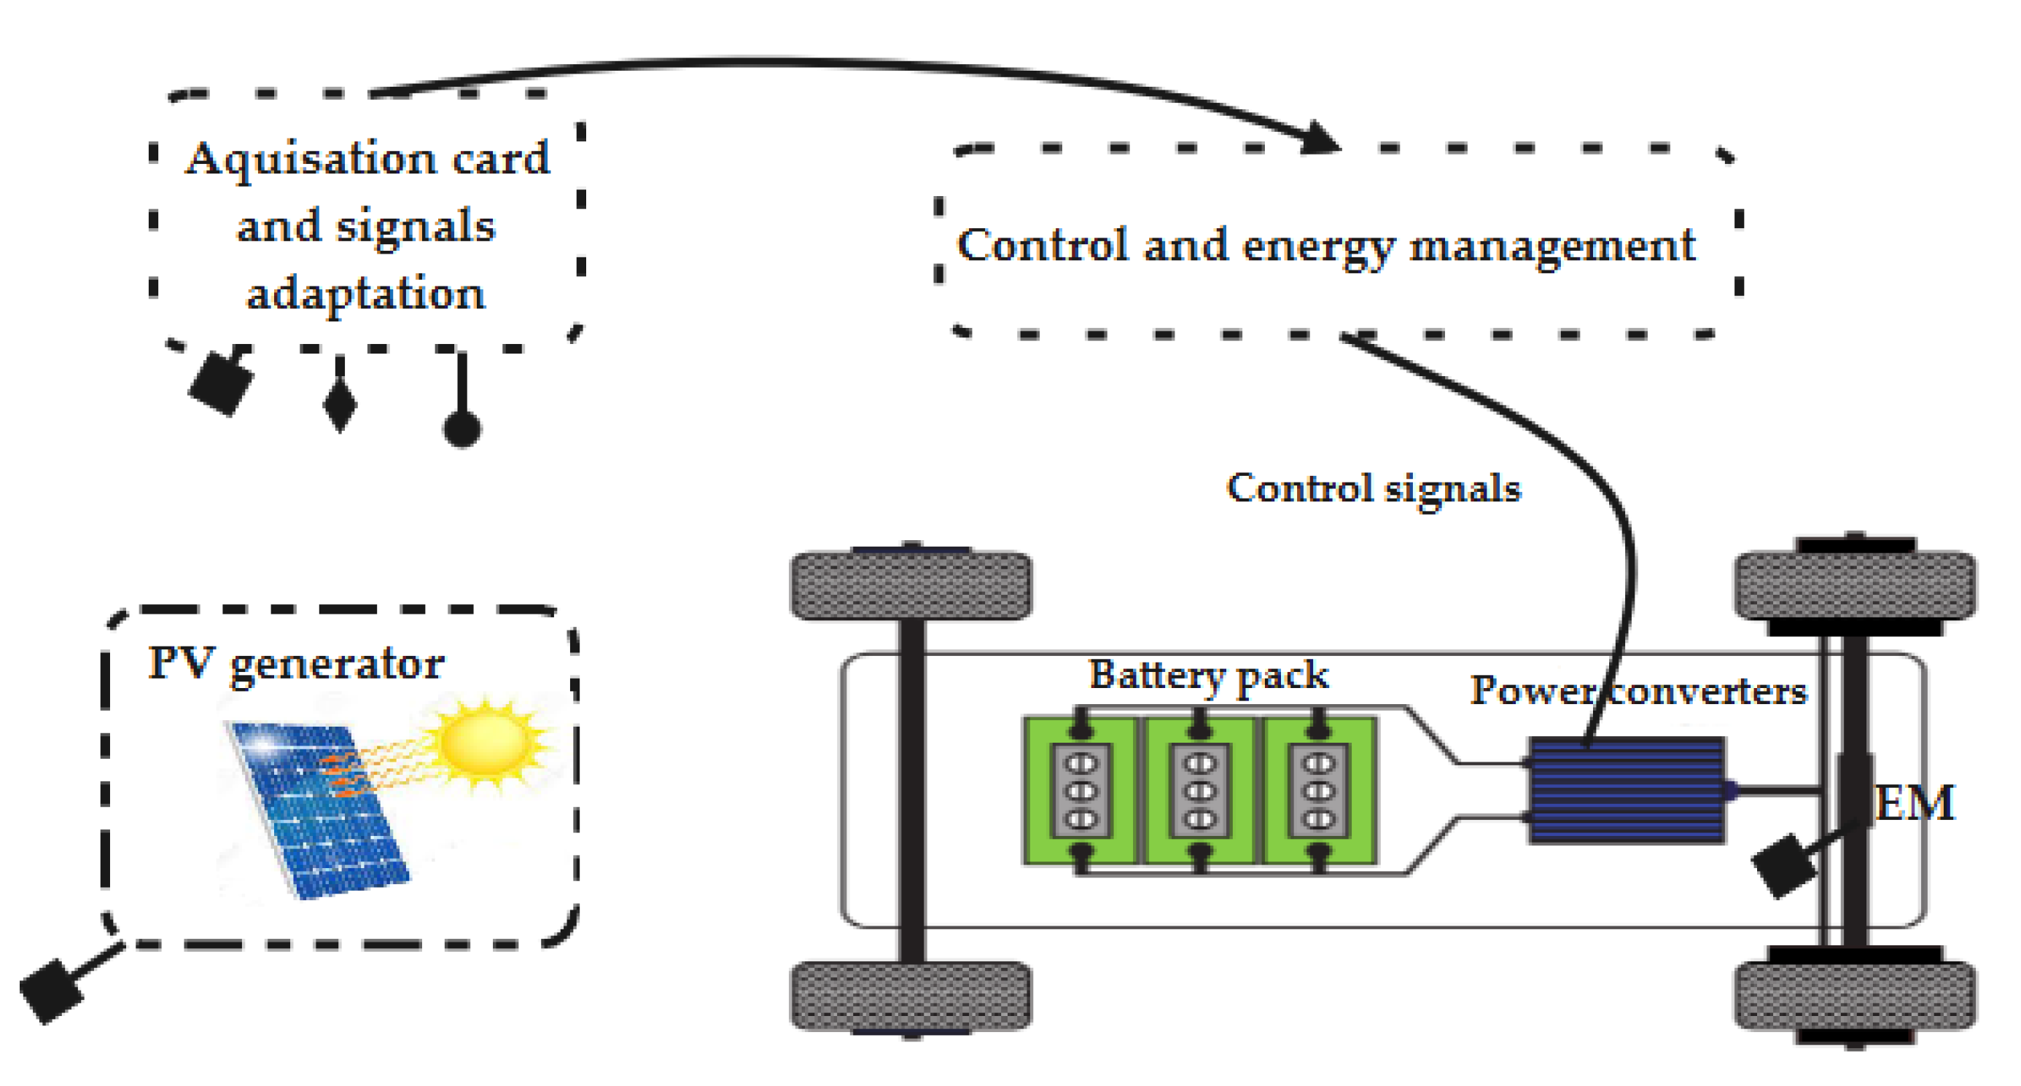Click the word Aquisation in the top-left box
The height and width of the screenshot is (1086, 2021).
click(310, 159)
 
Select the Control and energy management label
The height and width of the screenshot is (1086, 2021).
click(1326, 246)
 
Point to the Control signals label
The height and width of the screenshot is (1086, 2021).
click(1373, 488)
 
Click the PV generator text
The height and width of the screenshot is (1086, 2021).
click(297, 664)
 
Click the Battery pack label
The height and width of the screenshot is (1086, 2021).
click(1208, 675)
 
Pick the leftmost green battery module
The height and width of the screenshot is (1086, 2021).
click(1080, 790)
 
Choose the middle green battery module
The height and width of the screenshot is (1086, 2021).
click(1199, 790)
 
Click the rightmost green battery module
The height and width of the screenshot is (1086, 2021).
click(1319, 790)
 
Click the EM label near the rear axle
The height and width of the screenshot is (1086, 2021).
click(1915, 804)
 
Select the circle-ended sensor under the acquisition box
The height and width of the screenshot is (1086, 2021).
click(462, 428)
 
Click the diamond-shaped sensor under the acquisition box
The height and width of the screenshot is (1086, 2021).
click(340, 404)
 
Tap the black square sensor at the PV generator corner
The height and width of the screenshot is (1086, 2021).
click(51, 991)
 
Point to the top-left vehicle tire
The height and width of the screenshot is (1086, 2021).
click(910, 585)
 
